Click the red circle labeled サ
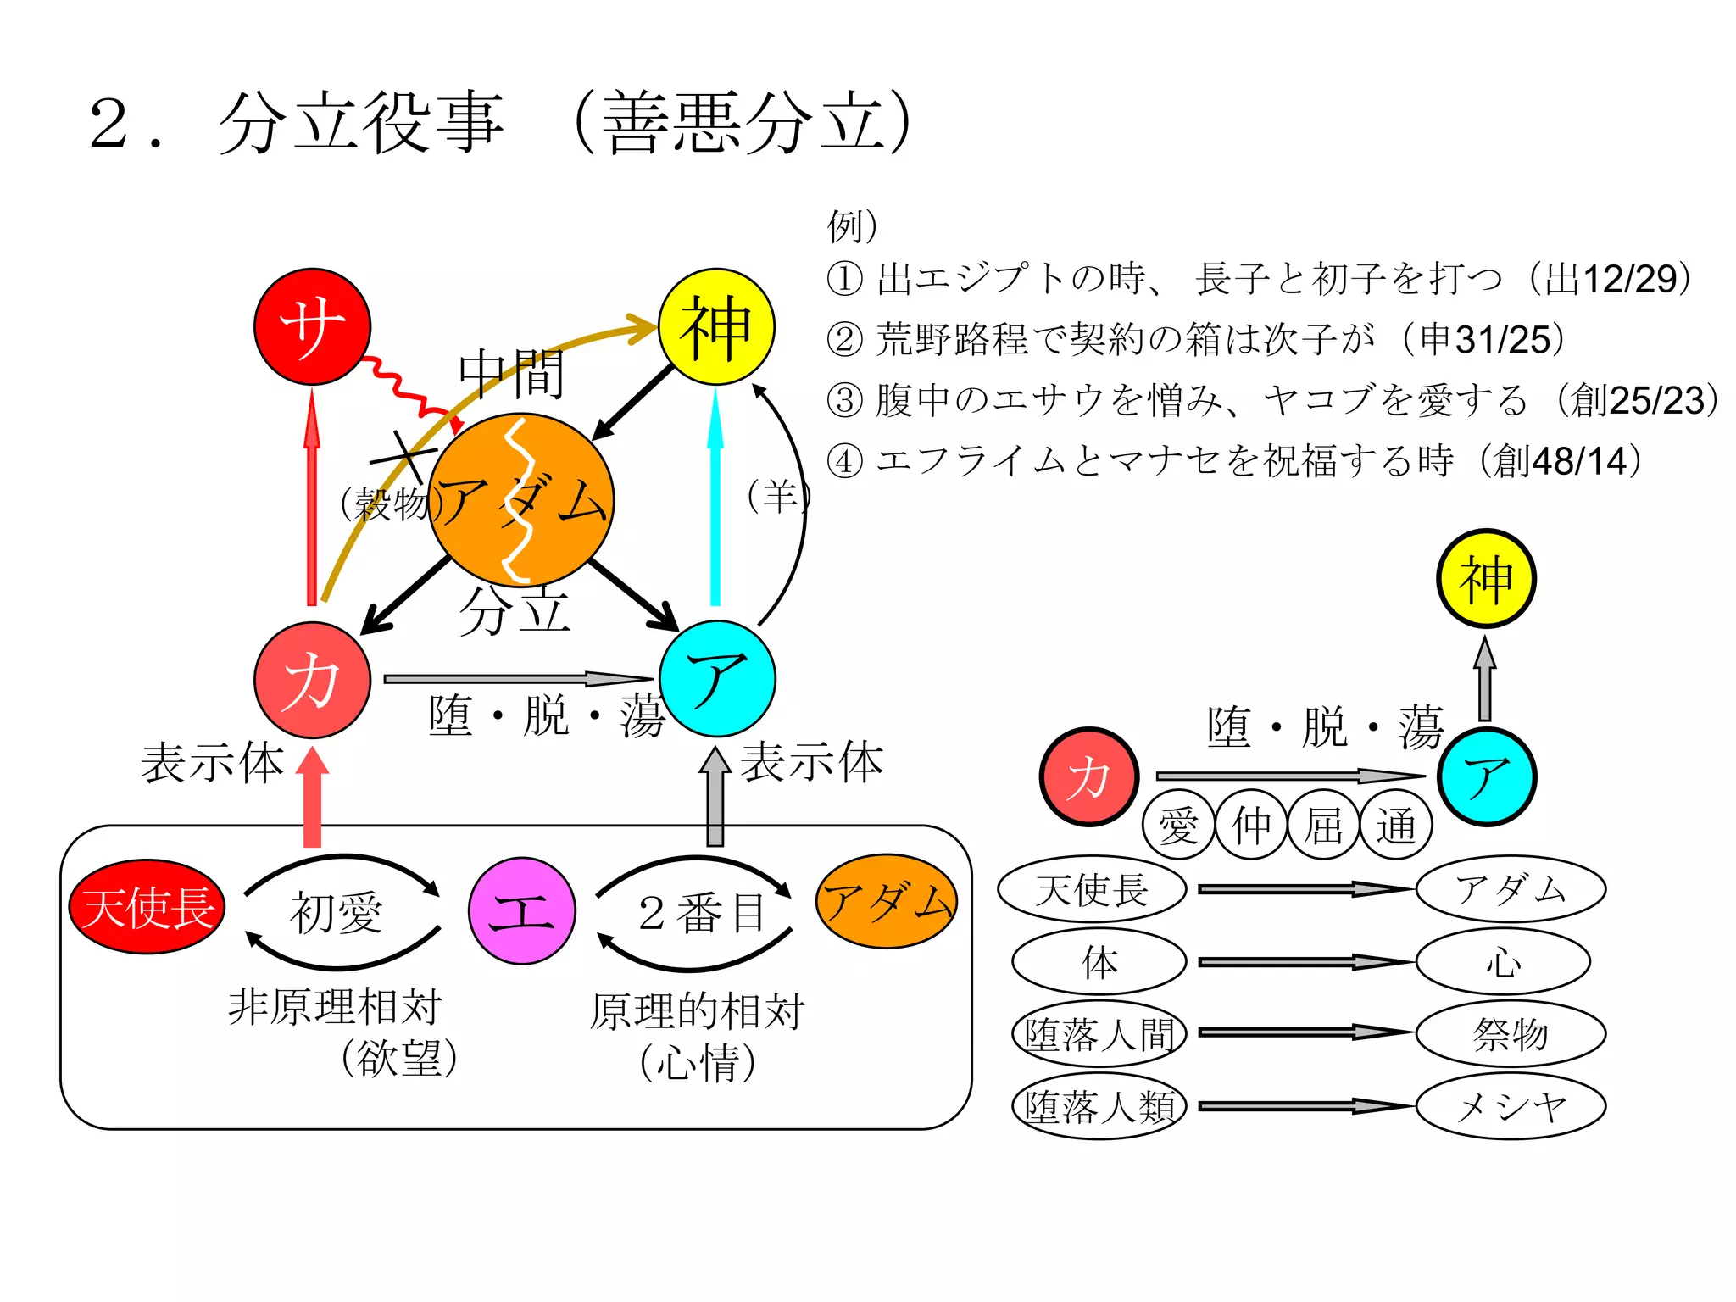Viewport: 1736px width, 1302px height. point(312,326)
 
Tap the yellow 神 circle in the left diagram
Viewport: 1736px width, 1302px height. point(716,326)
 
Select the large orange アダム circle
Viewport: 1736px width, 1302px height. point(521,500)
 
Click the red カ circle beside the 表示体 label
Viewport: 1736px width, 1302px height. point(312,680)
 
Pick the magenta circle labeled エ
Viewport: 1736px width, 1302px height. point(522,911)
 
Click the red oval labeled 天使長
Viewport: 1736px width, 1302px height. point(147,907)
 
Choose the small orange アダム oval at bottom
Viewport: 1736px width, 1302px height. point(887,901)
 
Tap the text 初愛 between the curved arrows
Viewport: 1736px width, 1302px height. point(337,913)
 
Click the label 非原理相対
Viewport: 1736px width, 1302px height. point(335,1007)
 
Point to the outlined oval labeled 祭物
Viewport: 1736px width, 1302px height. point(1511,1033)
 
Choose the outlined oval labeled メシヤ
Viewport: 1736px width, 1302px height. point(1511,1106)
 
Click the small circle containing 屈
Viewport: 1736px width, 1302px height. point(1323,824)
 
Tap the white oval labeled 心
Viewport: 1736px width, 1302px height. point(1503,961)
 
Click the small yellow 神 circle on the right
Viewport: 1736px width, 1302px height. point(1486,579)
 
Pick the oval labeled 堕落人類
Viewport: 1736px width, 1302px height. point(1099,1106)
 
